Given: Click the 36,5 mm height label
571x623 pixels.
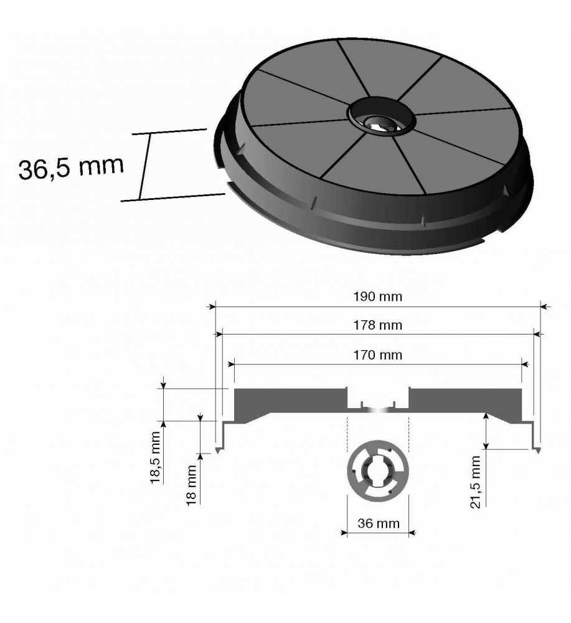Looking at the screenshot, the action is [x=71, y=167].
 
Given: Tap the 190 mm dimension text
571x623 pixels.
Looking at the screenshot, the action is [x=377, y=297].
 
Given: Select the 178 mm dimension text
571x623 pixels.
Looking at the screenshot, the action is [x=377, y=325].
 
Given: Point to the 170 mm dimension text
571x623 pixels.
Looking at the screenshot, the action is [x=377, y=355].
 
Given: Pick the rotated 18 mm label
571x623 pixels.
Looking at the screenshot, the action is [x=192, y=485].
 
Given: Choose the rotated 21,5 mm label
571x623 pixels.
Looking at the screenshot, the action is [x=475, y=482].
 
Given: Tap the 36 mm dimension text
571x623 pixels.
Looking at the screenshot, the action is [x=379, y=523].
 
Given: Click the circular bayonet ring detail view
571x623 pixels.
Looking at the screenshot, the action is [x=377, y=471].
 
